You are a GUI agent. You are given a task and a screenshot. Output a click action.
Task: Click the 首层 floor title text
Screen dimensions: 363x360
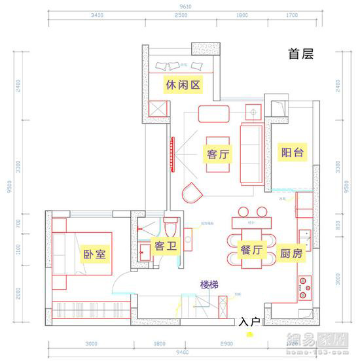301,54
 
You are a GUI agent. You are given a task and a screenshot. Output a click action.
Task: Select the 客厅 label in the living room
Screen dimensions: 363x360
217,154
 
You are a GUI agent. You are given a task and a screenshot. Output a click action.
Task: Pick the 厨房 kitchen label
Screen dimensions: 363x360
291,254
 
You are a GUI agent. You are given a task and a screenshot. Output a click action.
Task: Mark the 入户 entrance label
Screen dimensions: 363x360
249,322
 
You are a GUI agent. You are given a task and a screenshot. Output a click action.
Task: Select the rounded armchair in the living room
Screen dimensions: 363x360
193,193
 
